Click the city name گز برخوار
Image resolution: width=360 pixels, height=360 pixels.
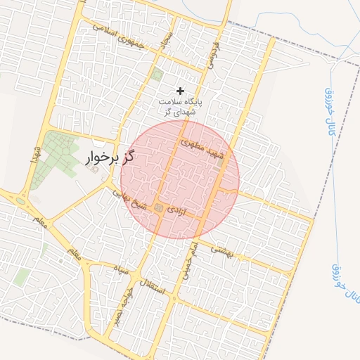[109, 157]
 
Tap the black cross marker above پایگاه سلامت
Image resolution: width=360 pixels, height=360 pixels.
[181, 91]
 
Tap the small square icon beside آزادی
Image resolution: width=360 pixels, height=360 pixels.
[159, 208]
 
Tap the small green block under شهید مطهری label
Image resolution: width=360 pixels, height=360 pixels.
[220, 162]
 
